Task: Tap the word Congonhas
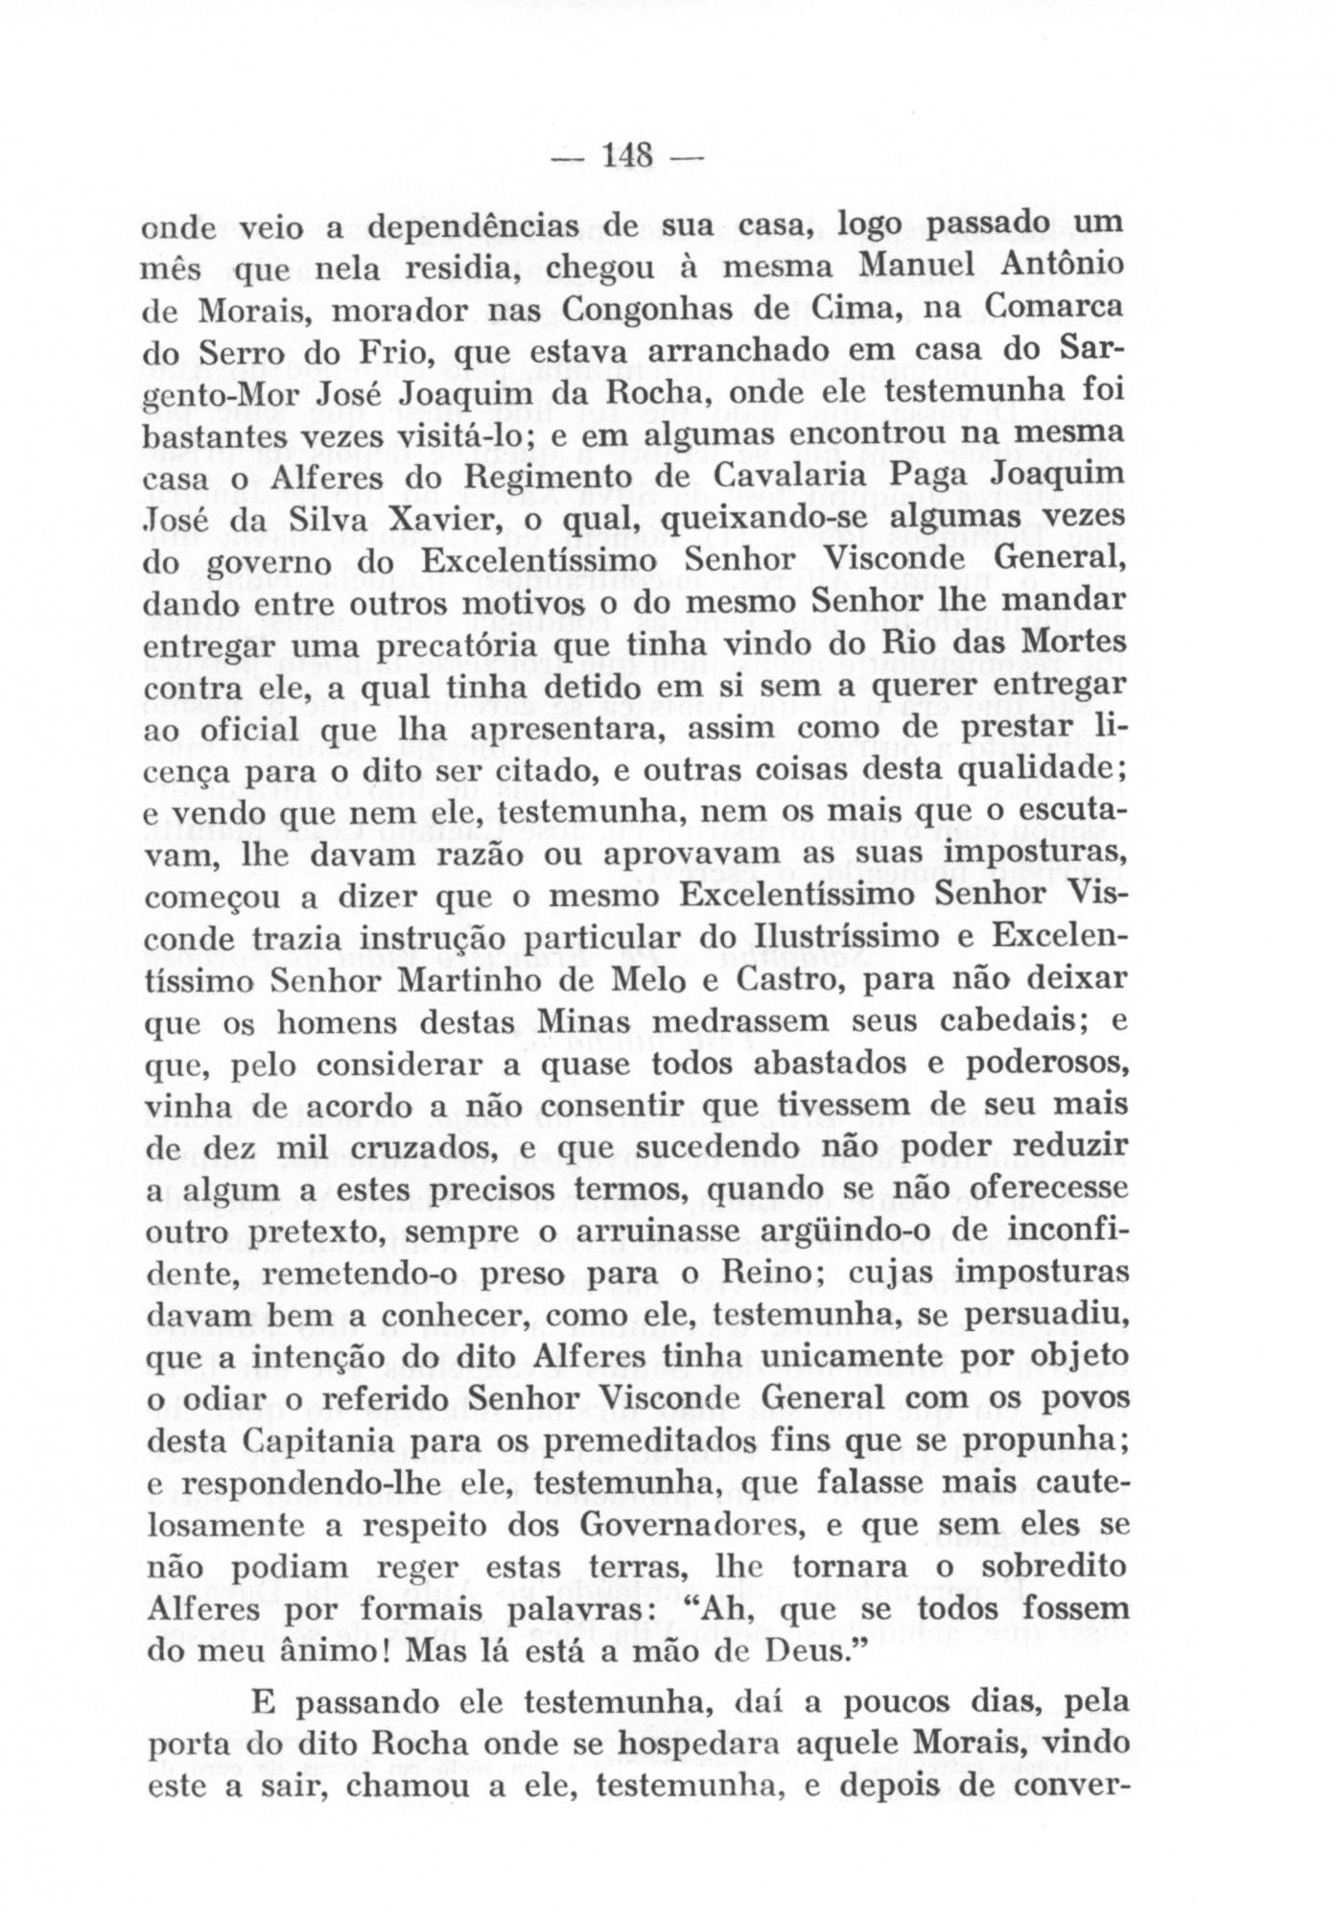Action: click(x=644, y=311)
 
